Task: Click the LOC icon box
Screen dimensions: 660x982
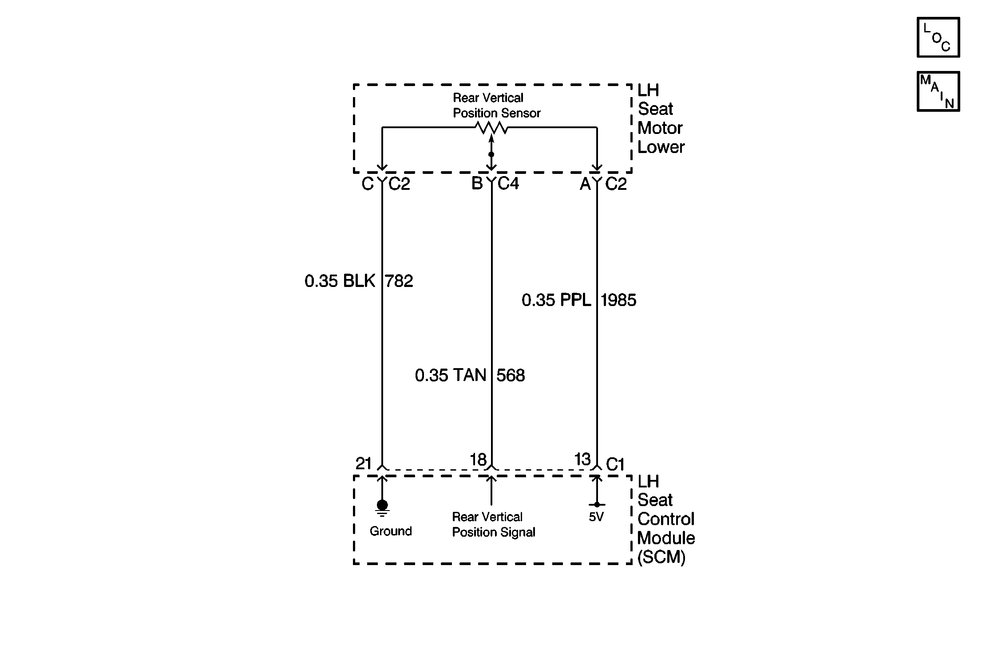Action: click(938, 37)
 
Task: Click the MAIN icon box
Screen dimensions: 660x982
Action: click(938, 91)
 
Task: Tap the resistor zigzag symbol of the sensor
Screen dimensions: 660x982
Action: click(491, 128)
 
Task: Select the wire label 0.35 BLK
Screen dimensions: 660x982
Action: click(340, 281)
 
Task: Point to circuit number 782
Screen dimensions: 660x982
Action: click(399, 281)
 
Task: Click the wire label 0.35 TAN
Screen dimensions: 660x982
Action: click(451, 376)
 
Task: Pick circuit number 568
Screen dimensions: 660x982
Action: click(511, 376)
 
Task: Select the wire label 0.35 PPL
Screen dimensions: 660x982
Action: click(556, 300)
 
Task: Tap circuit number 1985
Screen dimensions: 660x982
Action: click(618, 300)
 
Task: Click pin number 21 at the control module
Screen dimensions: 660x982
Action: click(364, 464)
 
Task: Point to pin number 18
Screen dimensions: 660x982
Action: click(478, 460)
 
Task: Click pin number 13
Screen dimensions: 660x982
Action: click(582, 459)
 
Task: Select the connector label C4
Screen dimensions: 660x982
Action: click(508, 183)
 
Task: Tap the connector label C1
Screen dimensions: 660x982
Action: click(615, 464)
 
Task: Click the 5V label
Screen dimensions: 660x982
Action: click(596, 517)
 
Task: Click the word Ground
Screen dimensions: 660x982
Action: click(391, 531)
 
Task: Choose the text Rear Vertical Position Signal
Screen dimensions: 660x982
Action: click(493, 524)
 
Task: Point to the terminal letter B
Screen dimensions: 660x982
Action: click(477, 183)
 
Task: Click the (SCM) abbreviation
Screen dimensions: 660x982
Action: click(661, 557)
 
